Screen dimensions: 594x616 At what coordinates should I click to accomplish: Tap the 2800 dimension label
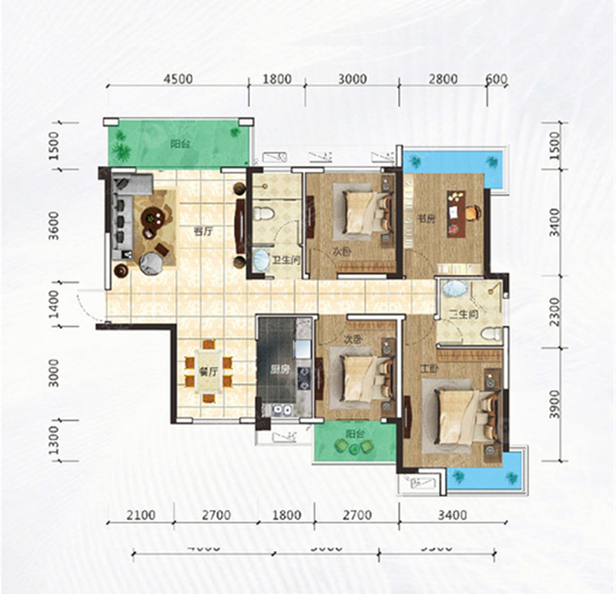point(444,79)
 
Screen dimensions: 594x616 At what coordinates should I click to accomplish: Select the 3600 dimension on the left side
point(53,225)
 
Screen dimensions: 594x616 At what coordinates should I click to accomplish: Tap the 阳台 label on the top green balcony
point(181,143)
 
